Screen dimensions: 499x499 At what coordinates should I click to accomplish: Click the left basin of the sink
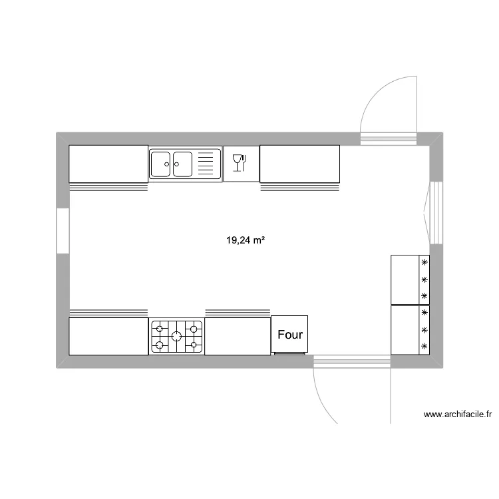[161, 164]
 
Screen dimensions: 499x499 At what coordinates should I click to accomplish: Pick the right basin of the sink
[183, 164]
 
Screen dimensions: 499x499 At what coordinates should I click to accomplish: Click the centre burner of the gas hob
[177, 336]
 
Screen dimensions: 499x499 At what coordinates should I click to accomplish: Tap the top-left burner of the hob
[160, 327]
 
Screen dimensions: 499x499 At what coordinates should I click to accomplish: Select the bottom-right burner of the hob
[194, 345]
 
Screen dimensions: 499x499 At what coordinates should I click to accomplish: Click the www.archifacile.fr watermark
[457, 415]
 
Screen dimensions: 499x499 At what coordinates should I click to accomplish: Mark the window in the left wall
[63, 231]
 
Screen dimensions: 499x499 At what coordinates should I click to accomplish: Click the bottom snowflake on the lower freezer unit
[424, 346]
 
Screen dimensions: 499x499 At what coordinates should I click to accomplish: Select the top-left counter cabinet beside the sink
[108, 164]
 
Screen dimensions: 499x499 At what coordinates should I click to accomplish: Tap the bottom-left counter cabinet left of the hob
[108, 336]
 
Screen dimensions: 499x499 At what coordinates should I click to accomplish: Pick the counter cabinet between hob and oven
[238, 336]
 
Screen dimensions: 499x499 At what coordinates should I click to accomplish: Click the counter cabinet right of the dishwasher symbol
[299, 164]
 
